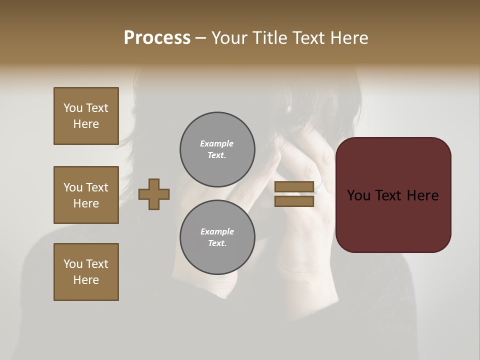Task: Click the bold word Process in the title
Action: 157,38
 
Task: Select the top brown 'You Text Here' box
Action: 86,116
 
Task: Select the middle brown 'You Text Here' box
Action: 86,195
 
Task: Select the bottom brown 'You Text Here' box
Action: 86,272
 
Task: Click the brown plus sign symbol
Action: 154,194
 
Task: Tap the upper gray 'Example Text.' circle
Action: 217,149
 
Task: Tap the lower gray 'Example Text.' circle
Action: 217,237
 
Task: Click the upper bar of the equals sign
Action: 294,187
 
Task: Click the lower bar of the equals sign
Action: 294,201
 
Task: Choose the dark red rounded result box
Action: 393,195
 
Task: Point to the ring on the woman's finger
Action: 319,187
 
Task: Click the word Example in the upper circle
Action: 217,143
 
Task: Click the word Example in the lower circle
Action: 217,231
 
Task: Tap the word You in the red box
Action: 358,195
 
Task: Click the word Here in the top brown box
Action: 86,124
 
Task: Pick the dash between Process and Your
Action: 200,38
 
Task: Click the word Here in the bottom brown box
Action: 86,280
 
